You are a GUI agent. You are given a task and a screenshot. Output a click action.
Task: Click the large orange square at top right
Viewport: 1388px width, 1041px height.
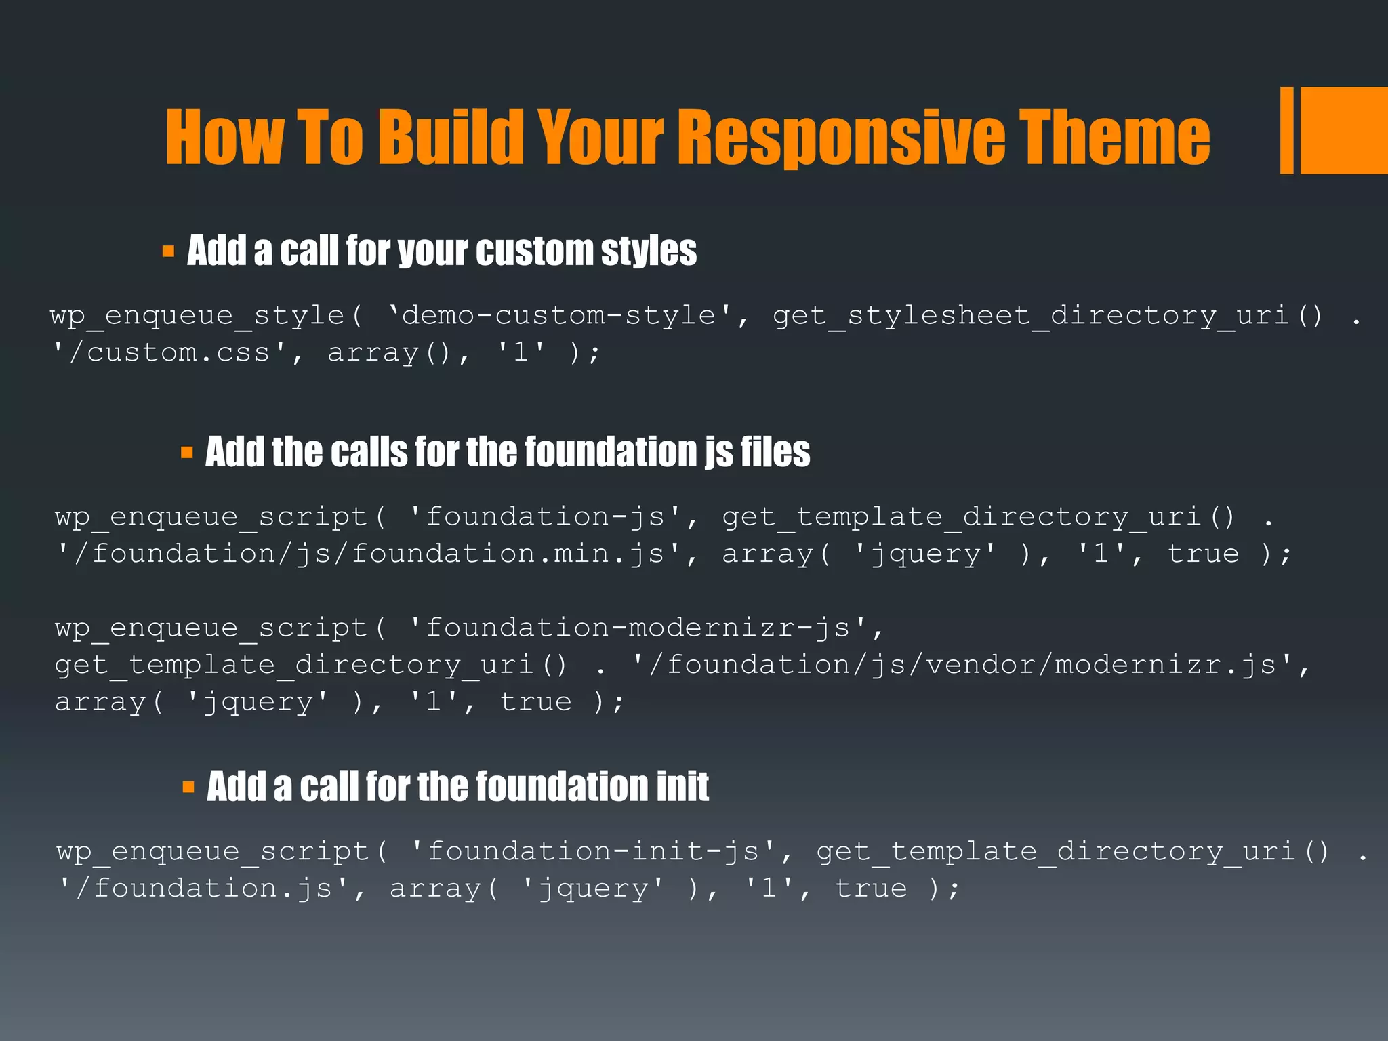pos(1344,130)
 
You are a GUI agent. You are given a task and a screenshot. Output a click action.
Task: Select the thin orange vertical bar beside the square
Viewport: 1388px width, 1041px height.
pos(1286,130)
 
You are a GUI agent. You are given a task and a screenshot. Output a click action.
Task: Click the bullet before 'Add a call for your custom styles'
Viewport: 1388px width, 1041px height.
pos(168,252)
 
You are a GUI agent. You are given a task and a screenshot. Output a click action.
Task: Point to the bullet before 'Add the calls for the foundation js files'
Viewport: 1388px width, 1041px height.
pos(187,453)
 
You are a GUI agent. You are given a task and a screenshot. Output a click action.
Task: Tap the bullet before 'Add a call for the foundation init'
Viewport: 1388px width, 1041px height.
pos(188,787)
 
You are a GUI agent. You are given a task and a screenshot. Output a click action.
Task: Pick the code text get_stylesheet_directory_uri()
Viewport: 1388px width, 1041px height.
pos(1047,316)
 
